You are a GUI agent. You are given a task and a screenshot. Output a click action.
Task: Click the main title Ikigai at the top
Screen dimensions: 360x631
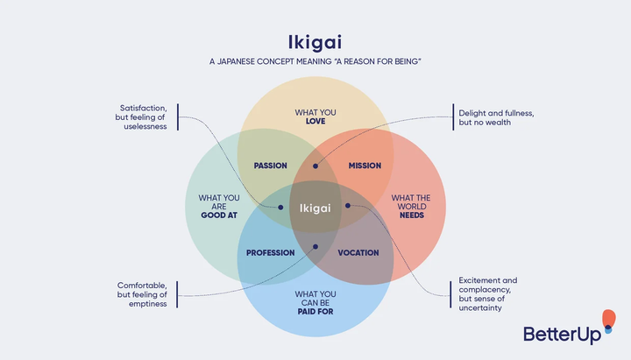point(315,42)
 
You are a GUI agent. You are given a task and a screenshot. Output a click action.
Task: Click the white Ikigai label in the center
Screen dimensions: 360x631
point(315,208)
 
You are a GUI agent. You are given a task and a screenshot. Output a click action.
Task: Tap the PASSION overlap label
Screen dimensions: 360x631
point(270,166)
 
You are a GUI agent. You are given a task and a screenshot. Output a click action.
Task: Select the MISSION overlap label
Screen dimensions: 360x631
point(365,166)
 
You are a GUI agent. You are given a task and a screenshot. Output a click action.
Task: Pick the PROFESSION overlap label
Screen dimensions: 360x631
point(270,252)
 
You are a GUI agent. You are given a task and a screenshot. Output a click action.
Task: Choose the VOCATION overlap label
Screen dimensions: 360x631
point(358,252)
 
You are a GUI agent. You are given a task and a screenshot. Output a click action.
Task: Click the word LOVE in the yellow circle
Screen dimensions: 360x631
point(315,122)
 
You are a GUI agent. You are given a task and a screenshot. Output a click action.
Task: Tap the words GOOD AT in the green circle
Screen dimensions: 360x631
point(219,214)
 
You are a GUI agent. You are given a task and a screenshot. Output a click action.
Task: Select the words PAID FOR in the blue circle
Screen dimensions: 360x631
point(315,310)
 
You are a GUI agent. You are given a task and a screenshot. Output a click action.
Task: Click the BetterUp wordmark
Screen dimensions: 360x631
point(561,334)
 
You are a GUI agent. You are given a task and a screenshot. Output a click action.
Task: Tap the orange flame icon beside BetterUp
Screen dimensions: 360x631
point(609,321)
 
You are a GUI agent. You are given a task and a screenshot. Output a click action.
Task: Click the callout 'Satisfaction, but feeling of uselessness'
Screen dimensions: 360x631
point(143,117)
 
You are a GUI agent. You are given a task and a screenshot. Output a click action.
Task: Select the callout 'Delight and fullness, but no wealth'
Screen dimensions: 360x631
point(496,117)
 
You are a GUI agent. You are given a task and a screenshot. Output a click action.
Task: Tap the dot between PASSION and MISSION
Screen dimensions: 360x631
point(315,165)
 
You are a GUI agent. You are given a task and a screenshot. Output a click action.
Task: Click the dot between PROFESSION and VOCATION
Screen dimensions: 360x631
point(315,246)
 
